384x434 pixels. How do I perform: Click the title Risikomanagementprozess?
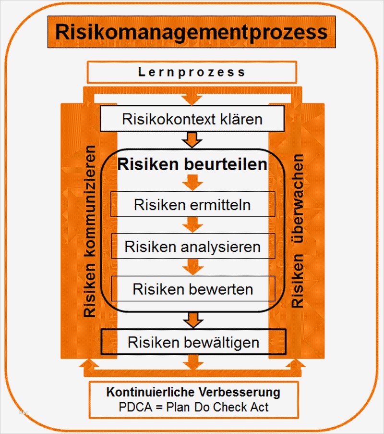click(192, 32)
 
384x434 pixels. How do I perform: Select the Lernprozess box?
click(192, 73)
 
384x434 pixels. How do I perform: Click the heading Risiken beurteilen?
click(192, 164)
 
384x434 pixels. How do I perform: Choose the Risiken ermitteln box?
click(192, 205)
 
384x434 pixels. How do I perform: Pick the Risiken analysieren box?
click(192, 247)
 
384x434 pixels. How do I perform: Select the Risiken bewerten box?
click(192, 289)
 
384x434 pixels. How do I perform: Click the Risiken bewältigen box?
click(193, 342)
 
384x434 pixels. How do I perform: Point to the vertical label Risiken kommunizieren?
click(89, 231)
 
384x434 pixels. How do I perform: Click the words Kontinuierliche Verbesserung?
click(193, 392)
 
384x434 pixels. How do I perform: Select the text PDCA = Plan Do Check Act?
click(193, 407)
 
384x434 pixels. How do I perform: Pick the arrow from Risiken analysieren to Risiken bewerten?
click(192, 267)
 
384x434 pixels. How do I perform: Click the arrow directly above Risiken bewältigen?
click(192, 320)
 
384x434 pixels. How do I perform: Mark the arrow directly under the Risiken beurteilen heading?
click(192, 182)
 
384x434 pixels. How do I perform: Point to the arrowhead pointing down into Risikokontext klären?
click(192, 99)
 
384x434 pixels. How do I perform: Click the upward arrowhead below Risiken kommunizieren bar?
click(89, 364)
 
